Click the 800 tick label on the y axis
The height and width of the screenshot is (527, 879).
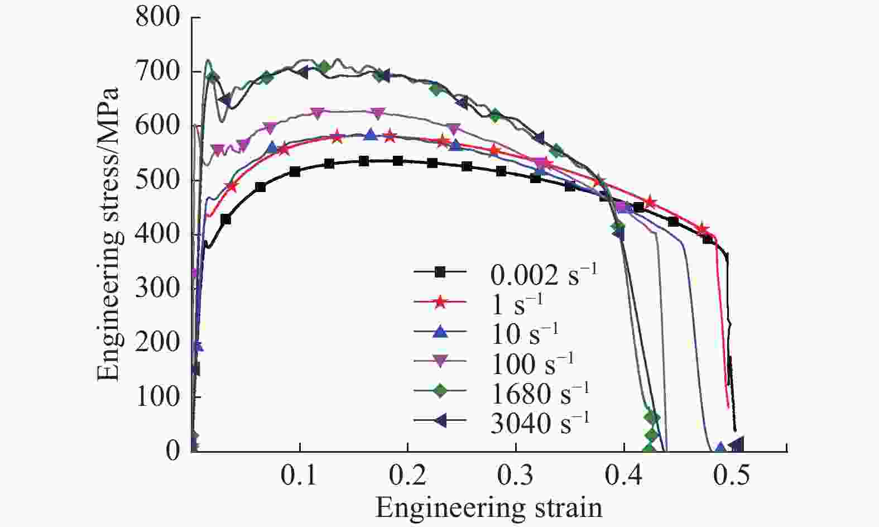tap(157, 18)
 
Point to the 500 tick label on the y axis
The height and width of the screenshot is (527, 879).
tap(157, 180)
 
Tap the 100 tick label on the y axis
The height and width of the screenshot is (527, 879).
tap(157, 397)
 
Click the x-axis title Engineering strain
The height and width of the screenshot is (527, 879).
tap(489, 508)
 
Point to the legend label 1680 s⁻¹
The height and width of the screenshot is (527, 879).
tap(540, 394)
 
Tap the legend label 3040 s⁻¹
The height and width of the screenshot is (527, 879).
tap(540, 424)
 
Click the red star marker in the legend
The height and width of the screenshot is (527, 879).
tap(440, 303)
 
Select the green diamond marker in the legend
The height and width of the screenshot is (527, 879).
tap(440, 392)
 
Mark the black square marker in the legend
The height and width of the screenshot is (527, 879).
tap(440, 272)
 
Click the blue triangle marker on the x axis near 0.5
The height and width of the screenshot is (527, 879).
tap(721, 448)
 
